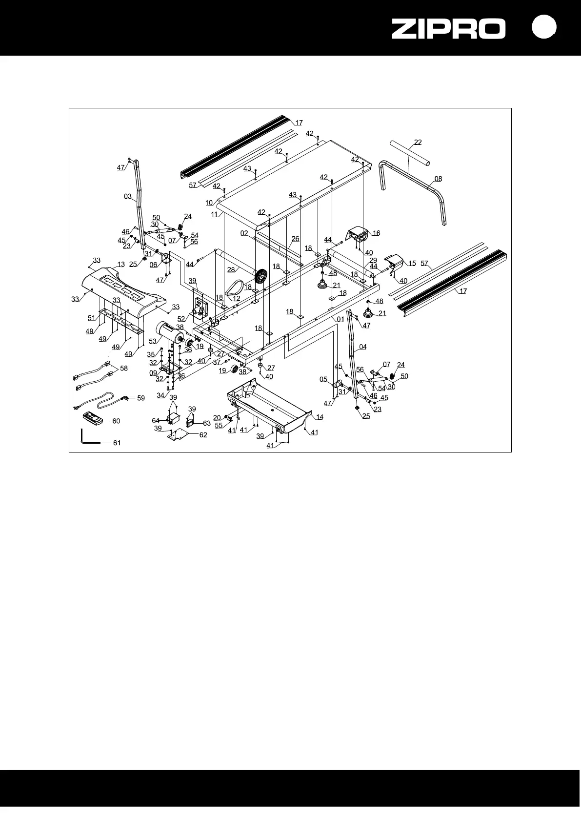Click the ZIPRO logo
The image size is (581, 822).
click(x=449, y=28)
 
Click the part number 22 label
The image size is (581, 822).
click(x=418, y=143)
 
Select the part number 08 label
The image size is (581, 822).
click(x=438, y=179)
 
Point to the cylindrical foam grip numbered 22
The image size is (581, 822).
click(x=410, y=152)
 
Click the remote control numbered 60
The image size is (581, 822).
click(x=92, y=418)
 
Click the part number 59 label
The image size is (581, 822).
click(x=141, y=398)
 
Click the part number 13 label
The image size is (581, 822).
click(x=121, y=265)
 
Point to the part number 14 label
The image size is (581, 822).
click(x=320, y=417)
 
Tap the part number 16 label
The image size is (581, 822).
click(x=376, y=233)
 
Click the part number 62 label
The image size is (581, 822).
click(x=203, y=435)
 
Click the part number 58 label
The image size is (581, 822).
click(x=124, y=369)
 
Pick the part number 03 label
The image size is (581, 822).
click(x=128, y=197)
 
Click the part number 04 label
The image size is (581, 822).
click(x=362, y=347)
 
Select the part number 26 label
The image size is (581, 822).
click(x=295, y=239)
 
